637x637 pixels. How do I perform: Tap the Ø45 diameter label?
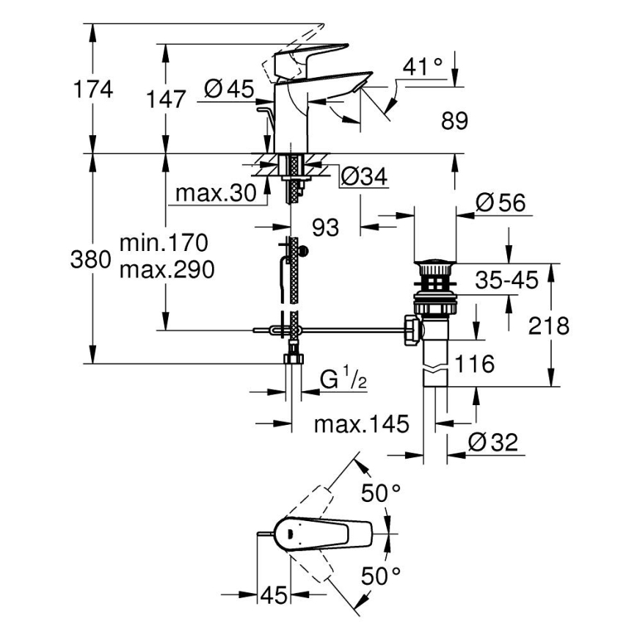point(228,90)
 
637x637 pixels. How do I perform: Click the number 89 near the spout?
point(454,120)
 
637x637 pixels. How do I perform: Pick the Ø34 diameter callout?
point(365,175)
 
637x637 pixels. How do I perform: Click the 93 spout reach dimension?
point(325,228)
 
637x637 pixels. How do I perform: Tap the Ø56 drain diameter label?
point(500,203)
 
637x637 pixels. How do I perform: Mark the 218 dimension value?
point(548,326)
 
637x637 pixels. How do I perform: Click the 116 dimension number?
point(473,363)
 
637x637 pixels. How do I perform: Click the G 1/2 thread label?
point(343,379)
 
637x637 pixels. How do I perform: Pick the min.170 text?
point(164,242)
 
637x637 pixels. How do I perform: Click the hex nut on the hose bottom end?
point(292,359)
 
